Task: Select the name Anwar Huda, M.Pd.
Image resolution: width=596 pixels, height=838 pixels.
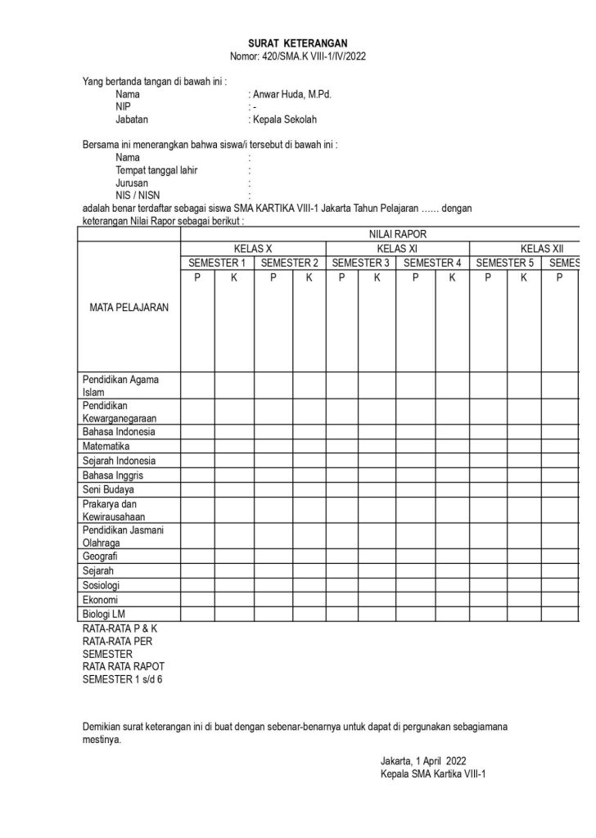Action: (x=291, y=94)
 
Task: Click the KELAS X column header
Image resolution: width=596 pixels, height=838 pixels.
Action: (x=253, y=248)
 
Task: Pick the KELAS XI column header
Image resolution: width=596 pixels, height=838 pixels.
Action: (x=397, y=248)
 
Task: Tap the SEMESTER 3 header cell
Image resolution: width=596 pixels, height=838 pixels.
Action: (x=361, y=263)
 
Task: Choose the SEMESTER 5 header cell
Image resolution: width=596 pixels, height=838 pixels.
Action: (x=504, y=263)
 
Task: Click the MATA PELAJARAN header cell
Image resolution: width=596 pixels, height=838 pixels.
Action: (x=129, y=309)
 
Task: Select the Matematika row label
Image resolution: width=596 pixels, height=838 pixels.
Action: (x=106, y=446)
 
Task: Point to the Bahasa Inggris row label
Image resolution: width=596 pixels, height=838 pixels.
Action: (x=113, y=475)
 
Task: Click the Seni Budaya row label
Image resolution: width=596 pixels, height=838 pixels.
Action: (x=108, y=489)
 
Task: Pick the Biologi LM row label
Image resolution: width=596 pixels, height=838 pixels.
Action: (x=104, y=614)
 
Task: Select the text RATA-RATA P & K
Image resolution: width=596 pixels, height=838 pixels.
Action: (x=120, y=628)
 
